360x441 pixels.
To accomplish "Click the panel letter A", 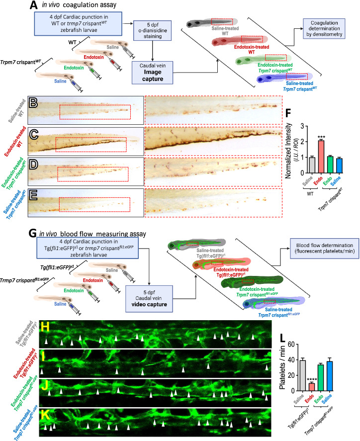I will coord(32,5).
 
